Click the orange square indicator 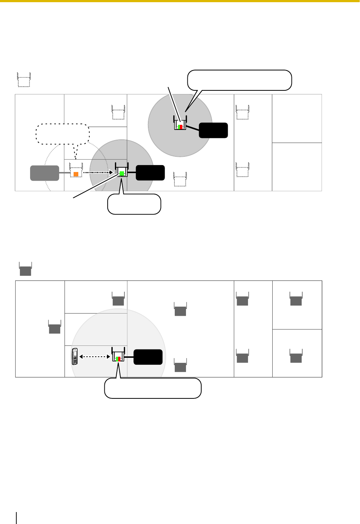[x=76, y=174]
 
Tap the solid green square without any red [x=122, y=173]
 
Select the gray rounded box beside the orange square [x=44, y=173]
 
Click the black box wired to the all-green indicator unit [x=150, y=173]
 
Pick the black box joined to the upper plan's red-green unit [x=213, y=130]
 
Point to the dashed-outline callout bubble [x=62, y=134]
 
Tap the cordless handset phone [x=74, y=356]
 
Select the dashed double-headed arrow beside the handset [x=95, y=357]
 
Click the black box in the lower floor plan [x=148, y=357]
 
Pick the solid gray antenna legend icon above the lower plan [x=25, y=269]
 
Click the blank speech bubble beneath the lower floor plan [x=153, y=388]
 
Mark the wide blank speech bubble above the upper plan [x=239, y=80]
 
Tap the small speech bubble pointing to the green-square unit [x=134, y=204]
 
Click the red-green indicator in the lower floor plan [x=118, y=359]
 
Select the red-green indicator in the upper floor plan [x=180, y=127]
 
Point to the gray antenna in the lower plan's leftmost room [x=54, y=328]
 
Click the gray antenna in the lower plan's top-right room [x=296, y=300]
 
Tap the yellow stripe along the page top [x=180, y=1]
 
